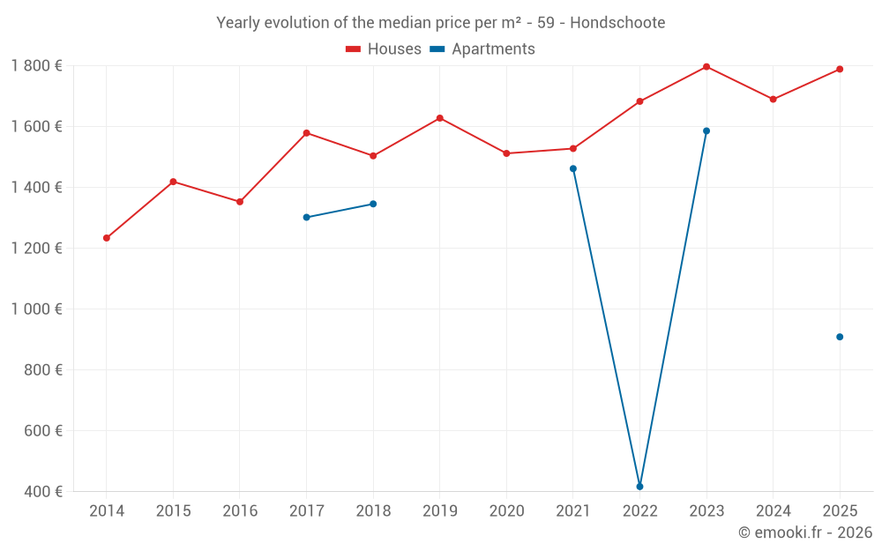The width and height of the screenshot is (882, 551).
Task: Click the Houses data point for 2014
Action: pyautogui.click(x=107, y=238)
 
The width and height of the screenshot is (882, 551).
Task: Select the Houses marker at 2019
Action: pyautogui.click(x=440, y=118)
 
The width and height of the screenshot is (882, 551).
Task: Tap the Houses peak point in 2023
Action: pyautogui.click(x=706, y=67)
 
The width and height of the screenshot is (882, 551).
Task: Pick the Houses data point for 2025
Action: pyautogui.click(x=840, y=69)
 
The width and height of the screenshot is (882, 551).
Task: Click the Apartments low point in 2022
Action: pyautogui.click(x=639, y=487)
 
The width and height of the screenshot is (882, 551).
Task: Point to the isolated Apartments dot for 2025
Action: pyautogui.click(x=840, y=337)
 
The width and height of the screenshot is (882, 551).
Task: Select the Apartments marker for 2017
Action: pyautogui.click(x=306, y=217)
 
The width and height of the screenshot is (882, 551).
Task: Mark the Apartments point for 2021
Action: pyautogui.click(x=573, y=168)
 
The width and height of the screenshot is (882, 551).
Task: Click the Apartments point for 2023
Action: pyautogui.click(x=706, y=131)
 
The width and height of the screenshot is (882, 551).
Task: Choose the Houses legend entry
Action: pyautogui.click(x=384, y=49)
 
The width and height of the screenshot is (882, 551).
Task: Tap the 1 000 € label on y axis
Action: pyautogui.click(x=36, y=309)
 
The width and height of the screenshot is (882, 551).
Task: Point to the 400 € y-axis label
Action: pyautogui.click(x=42, y=492)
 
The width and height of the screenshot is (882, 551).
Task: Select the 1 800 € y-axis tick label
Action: pyautogui.click(x=36, y=66)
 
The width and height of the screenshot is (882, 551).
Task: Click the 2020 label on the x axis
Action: pyautogui.click(x=506, y=511)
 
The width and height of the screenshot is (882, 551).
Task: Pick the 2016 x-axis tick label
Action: pyautogui.click(x=240, y=511)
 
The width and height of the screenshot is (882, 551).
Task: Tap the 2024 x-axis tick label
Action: pyautogui.click(x=774, y=511)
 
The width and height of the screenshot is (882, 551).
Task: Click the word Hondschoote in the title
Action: pyautogui.click(x=617, y=22)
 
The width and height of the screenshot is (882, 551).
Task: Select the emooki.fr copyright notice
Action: pyautogui.click(x=804, y=532)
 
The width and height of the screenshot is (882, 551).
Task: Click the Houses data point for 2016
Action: pyautogui.click(x=240, y=202)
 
